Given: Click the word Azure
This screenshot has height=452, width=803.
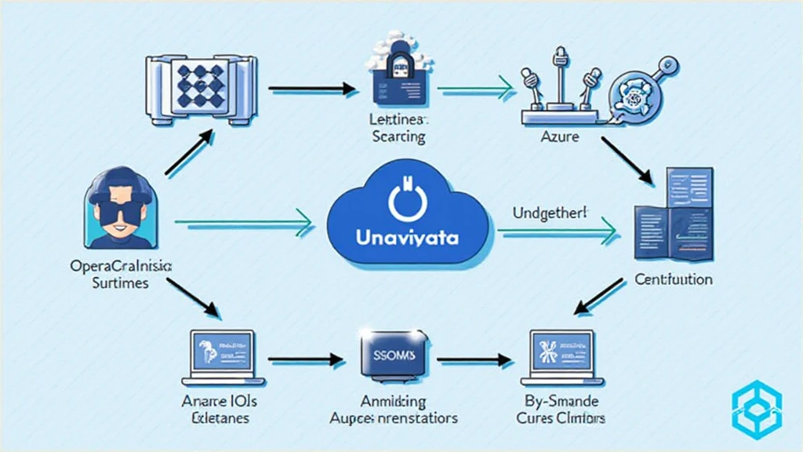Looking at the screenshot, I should point(560,137).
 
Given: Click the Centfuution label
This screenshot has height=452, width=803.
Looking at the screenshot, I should point(673,279).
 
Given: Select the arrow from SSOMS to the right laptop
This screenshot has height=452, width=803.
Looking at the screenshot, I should point(470,362).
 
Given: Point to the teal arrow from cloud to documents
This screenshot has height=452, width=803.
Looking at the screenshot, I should point(557,230).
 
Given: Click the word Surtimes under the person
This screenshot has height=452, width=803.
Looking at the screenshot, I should point(121,282).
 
